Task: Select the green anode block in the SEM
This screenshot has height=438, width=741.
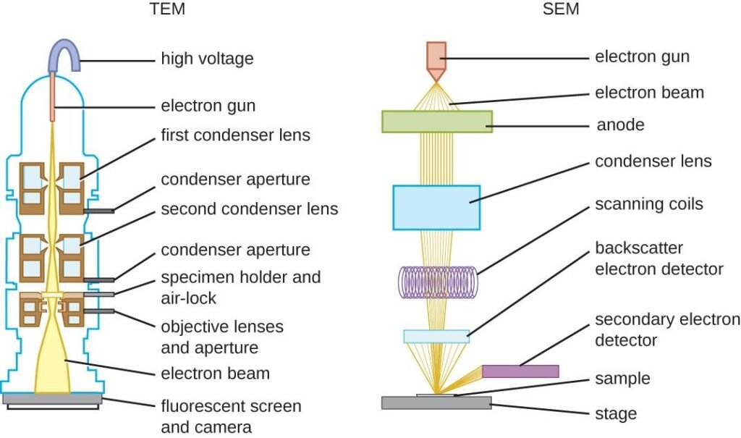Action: pyautogui.click(x=436, y=122)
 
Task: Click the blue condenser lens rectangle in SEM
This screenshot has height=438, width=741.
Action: pyautogui.click(x=436, y=207)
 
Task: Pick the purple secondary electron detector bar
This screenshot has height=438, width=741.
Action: pyautogui.click(x=520, y=371)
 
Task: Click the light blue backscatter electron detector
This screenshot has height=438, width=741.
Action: pyautogui.click(x=436, y=336)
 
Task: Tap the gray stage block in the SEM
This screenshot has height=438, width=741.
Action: pyautogui.click(x=436, y=403)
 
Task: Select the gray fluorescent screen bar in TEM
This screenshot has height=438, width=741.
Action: pyautogui.click(x=52, y=398)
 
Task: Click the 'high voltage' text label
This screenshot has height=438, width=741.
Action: pyautogui.click(x=207, y=59)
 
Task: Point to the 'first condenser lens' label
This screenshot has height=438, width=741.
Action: pyautogui.click(x=235, y=135)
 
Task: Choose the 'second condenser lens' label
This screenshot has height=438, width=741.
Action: pyautogui.click(x=249, y=209)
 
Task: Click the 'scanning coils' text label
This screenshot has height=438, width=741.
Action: pyautogui.click(x=648, y=203)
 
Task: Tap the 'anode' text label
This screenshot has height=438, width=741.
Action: pyautogui.click(x=619, y=125)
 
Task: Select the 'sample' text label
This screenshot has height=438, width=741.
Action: pyautogui.click(x=622, y=379)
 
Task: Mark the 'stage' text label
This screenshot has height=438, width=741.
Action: pyautogui.click(x=616, y=414)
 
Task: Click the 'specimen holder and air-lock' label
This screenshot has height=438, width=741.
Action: pyautogui.click(x=240, y=287)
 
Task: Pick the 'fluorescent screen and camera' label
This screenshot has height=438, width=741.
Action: pyautogui.click(x=231, y=416)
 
